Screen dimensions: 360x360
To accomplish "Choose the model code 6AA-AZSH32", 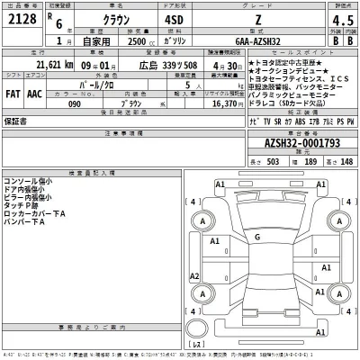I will click(256, 40).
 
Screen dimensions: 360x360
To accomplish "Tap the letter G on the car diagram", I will click(257, 237).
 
